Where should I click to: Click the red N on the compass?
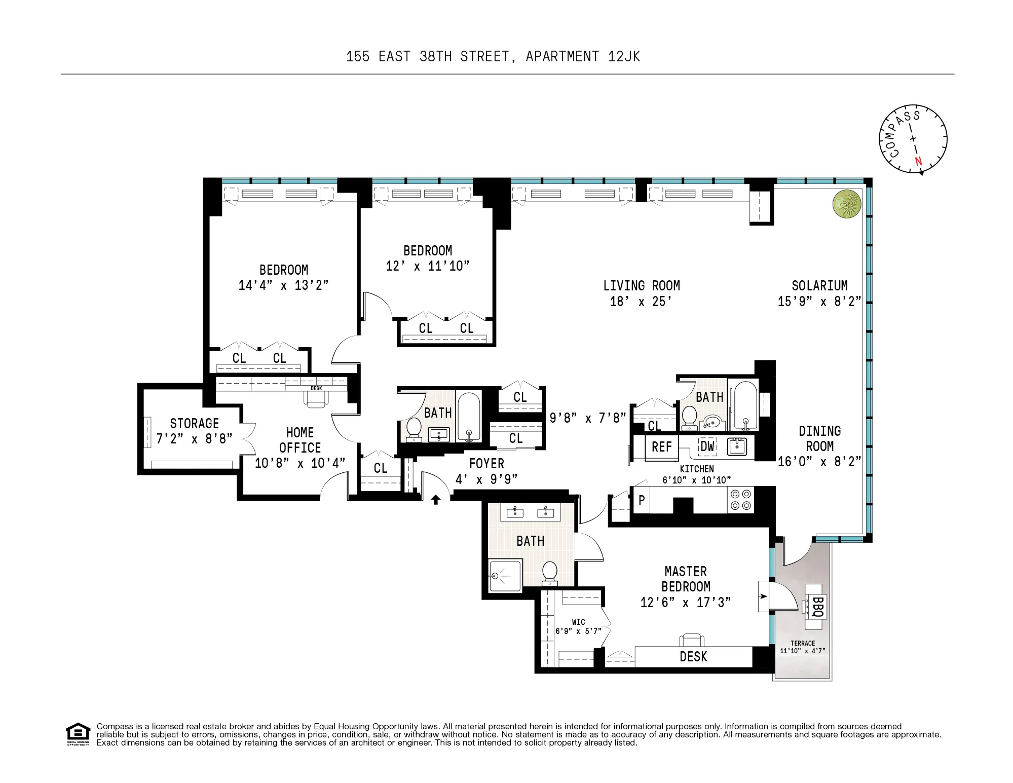918,162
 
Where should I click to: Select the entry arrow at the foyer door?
435,500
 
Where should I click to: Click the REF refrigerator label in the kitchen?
661,447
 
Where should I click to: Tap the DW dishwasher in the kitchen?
707,446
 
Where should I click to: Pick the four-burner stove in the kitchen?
740,499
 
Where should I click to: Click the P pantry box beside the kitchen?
642,500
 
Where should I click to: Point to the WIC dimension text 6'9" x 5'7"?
578,631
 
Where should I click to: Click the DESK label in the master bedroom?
693,657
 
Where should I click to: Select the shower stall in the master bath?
505,576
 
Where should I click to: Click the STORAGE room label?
195,423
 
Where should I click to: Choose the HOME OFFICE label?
300,440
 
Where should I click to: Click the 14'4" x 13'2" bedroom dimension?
283,285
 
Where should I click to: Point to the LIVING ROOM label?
641,286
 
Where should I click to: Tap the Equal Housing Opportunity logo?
78,734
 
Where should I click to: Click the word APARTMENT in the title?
562,56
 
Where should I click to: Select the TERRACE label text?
803,643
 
